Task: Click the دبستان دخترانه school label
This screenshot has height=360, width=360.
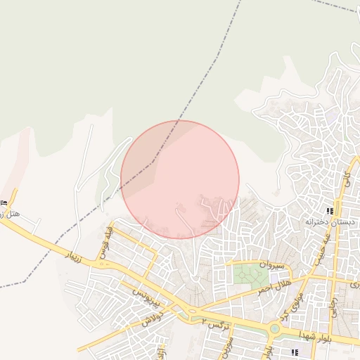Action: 330,221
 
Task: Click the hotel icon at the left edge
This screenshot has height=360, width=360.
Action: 4,202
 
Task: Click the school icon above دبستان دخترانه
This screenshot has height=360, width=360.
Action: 330,210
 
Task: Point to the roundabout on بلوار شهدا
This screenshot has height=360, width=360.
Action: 275,328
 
